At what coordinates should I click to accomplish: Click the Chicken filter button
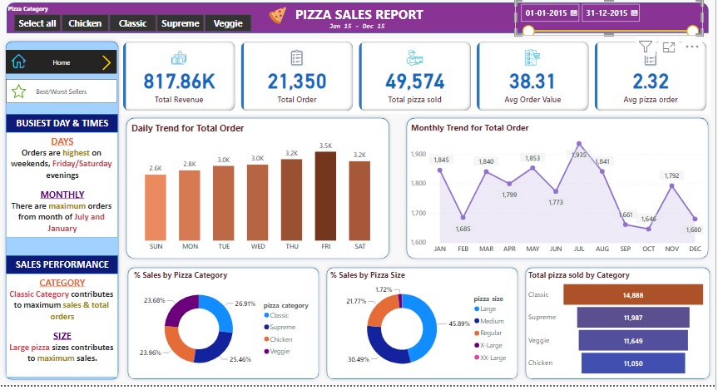coord(85,23)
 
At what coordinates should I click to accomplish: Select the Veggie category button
coord(228,23)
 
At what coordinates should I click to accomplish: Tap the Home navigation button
coord(62,62)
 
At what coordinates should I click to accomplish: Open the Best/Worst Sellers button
coord(62,91)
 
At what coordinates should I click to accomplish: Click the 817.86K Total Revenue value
coord(179,81)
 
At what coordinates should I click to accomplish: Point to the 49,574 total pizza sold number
coord(414,81)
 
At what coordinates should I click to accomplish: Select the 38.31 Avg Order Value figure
coord(532,81)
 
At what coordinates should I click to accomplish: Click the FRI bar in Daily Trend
coord(325,196)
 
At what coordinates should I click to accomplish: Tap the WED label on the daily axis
coord(258,247)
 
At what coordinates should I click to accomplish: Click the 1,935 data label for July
coord(579,155)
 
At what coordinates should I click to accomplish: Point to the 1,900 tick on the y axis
coord(418,154)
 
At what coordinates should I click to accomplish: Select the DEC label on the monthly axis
coord(694,249)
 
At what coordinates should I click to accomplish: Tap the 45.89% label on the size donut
coord(460,323)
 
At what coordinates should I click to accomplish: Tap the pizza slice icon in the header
coord(278,14)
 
